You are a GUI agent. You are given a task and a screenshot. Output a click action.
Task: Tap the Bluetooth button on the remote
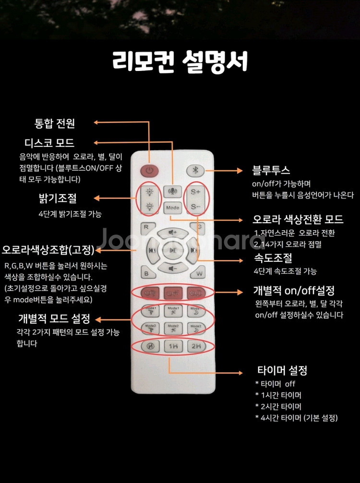tap(195, 170)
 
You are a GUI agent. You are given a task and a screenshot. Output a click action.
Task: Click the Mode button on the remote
tap(172, 208)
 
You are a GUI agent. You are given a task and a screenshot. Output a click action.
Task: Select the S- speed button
tap(196, 207)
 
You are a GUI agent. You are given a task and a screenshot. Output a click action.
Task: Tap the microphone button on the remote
tap(172, 191)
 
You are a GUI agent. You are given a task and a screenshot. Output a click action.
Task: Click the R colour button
tap(146, 227)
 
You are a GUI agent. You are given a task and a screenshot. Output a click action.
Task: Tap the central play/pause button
tap(173, 250)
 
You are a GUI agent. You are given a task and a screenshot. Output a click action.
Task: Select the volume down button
tap(172, 268)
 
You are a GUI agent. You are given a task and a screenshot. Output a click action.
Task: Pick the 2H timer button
tap(196, 346)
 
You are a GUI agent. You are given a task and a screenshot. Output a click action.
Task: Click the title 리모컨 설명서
tap(180, 61)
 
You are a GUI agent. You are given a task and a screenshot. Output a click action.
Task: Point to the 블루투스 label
tap(271, 171)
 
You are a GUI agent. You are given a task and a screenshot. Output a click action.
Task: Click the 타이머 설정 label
tap(282, 370)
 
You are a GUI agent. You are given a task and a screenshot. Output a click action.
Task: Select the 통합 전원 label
tap(54, 123)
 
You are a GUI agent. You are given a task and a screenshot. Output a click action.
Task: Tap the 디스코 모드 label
tap(49, 143)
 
